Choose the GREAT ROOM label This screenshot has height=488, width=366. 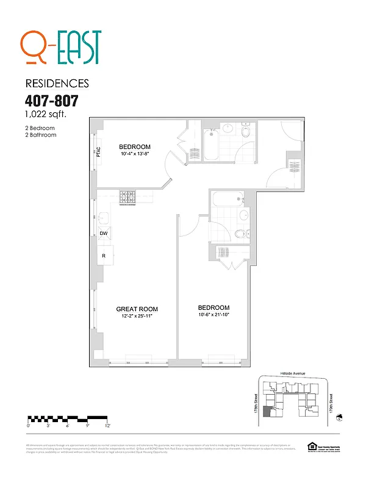click(x=137, y=309)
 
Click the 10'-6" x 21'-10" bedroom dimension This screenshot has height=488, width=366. click(x=213, y=315)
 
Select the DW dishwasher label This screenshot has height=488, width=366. click(x=104, y=234)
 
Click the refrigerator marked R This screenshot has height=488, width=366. click(x=104, y=256)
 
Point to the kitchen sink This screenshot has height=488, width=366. click(x=103, y=217)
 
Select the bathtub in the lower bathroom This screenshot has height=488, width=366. click(x=226, y=200)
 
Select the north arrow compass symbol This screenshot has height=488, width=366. click(x=340, y=417)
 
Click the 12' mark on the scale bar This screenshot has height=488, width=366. click(x=107, y=425)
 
